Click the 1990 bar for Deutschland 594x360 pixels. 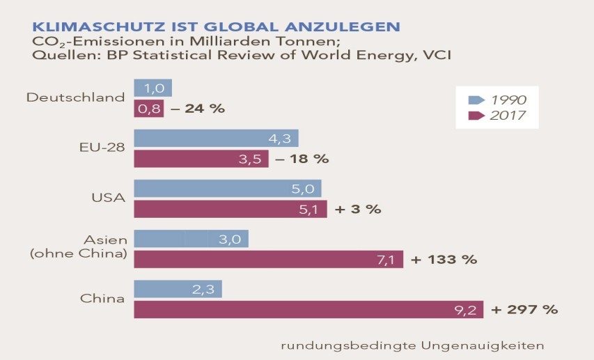coord(153,88)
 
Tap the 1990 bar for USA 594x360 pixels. coord(227,189)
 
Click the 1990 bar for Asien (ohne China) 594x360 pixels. coord(190,239)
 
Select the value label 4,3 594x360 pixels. coord(284,139)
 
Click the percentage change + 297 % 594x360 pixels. coord(524,310)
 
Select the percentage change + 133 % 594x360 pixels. coord(444,260)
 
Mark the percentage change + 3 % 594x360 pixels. coord(357,209)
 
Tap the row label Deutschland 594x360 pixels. coord(75,97)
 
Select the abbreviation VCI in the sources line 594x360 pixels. coord(436,55)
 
